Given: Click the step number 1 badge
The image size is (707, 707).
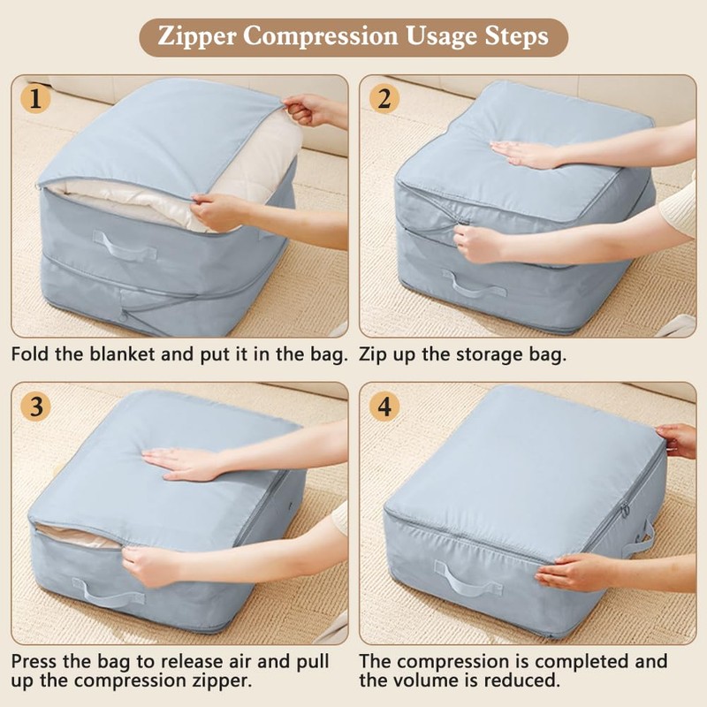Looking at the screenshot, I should tap(35, 99).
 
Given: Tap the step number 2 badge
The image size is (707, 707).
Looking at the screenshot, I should tap(383, 99).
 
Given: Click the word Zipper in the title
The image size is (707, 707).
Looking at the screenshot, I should tap(198, 38).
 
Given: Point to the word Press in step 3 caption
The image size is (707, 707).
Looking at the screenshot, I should tap(38, 662).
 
